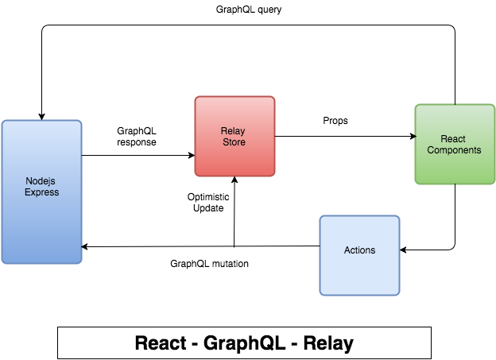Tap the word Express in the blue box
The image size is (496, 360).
pyautogui.click(x=41, y=192)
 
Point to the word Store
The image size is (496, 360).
pyautogui.click(x=234, y=142)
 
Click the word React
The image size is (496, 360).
pyautogui.click(x=454, y=139)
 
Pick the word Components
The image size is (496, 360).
pyautogui.click(x=454, y=150)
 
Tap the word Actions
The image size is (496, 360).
pyautogui.click(x=359, y=250)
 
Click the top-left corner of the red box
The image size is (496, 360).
pyautogui.click(x=196, y=97)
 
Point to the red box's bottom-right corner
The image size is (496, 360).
pyautogui.click(x=275, y=176)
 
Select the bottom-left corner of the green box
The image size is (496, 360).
pyautogui.click(x=415, y=184)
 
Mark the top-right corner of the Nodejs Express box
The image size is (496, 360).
pyautogui.click(x=81, y=121)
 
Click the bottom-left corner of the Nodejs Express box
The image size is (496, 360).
pyautogui.click(x=2, y=263)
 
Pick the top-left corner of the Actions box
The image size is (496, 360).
pyautogui.click(x=320, y=216)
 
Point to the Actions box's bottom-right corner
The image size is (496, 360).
pyautogui.click(x=400, y=295)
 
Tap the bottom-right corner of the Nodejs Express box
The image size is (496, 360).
pyautogui.click(x=81, y=263)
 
